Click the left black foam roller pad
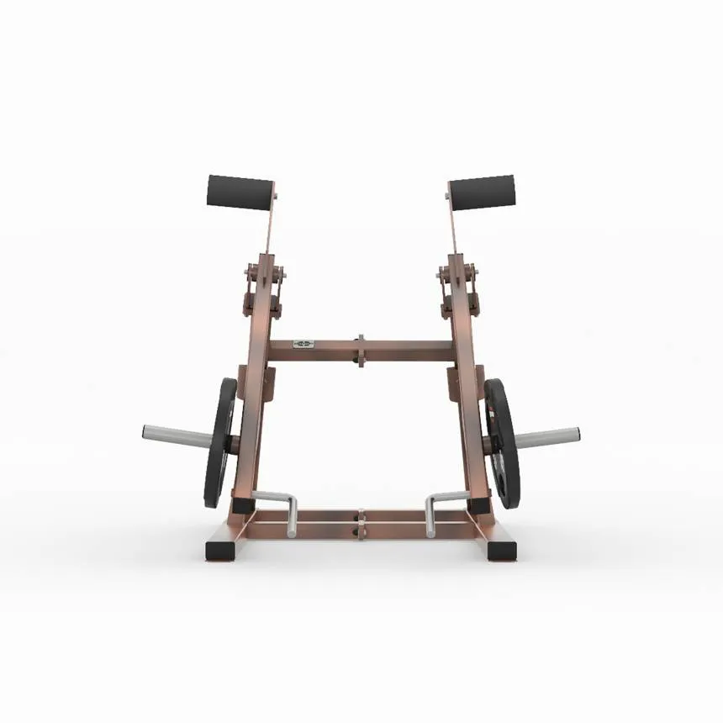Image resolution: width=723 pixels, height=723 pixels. pyautogui.click(x=240, y=192)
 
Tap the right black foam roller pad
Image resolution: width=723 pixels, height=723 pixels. pyautogui.click(x=481, y=192)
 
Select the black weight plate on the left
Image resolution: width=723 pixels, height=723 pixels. pyautogui.click(x=220, y=442)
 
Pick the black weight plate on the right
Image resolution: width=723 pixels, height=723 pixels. pyautogui.click(x=501, y=442)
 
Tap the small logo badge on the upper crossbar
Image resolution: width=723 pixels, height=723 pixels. pyautogui.click(x=303, y=344)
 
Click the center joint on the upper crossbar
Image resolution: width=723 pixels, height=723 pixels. pyautogui.click(x=361, y=350)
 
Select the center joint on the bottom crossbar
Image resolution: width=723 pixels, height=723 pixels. pyautogui.click(x=361, y=522)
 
